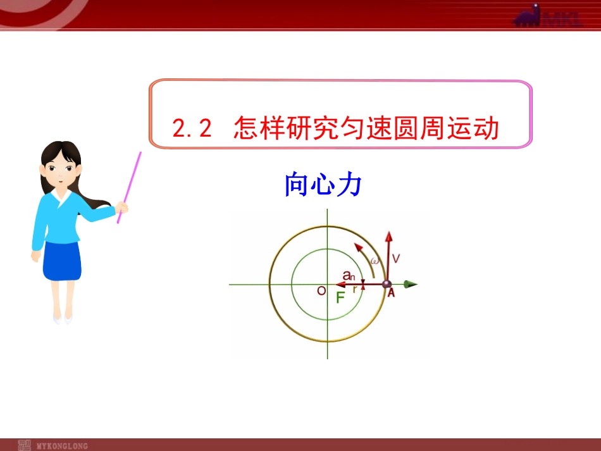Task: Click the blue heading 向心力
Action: [x=323, y=185]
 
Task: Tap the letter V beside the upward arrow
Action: [x=396, y=258]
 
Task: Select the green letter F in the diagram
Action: [x=340, y=298]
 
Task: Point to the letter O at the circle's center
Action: [x=321, y=291]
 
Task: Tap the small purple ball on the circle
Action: [x=387, y=284]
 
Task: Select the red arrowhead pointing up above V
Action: [x=388, y=238]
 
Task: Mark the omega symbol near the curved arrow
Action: [x=375, y=261]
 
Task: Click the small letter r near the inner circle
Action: [x=355, y=289]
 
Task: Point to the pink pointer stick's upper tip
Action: [x=139, y=153]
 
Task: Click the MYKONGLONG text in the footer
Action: [x=62, y=446]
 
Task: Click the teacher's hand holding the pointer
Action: [x=122, y=207]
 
